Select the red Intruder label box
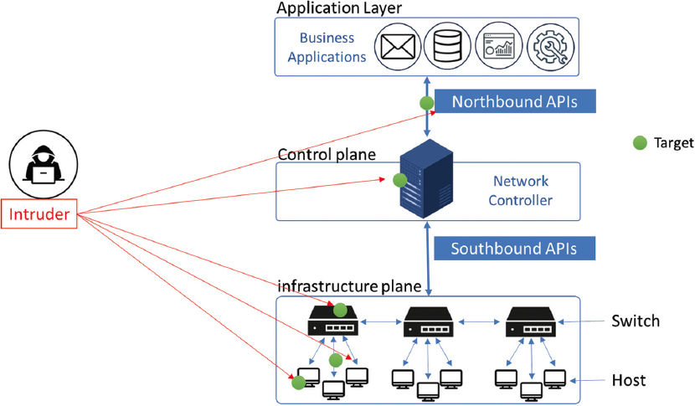(39, 214)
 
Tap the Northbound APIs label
(514, 102)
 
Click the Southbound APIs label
(514, 249)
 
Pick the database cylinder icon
(445, 47)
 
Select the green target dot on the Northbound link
(426, 104)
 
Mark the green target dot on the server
(400, 179)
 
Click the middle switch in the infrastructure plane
(430, 321)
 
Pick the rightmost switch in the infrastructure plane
(530, 321)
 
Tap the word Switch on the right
(636, 321)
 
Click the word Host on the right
(629, 380)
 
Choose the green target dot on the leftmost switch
(340, 307)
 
